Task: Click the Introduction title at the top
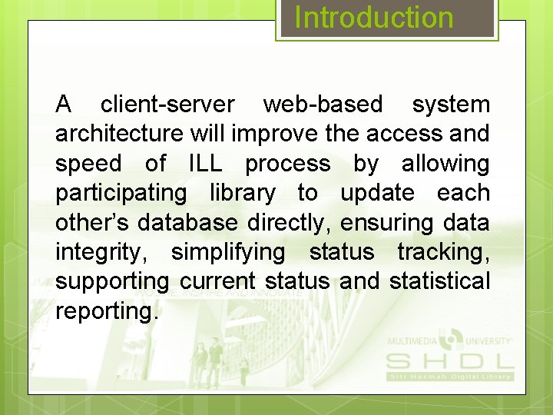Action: click(374, 18)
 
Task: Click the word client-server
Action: click(167, 104)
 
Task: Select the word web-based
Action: click(323, 104)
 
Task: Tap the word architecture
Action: click(119, 134)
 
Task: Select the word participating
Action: click(121, 194)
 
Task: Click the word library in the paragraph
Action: click(242, 194)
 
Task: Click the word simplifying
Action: click(227, 252)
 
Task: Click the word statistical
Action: click(439, 282)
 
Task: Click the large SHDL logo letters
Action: click(449, 361)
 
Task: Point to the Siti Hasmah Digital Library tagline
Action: click(449, 377)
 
